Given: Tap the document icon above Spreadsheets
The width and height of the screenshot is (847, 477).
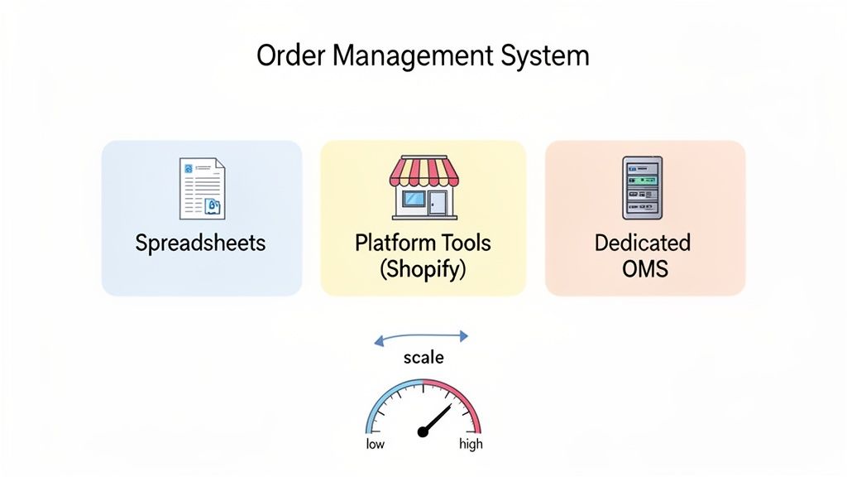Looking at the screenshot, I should coord(202,189).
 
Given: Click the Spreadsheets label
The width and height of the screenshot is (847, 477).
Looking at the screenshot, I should coord(201,243).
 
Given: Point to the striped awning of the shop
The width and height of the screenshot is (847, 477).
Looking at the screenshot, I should coord(423,171).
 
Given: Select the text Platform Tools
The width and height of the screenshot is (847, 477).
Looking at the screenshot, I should coord(423,243).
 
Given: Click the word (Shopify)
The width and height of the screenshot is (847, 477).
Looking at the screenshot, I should coord(423,270).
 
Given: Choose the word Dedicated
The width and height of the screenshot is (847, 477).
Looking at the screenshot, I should coord(643,243).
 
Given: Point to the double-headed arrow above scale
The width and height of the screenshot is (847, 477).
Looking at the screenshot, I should coord(422,336).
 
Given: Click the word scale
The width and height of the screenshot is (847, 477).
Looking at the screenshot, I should coord(423,358).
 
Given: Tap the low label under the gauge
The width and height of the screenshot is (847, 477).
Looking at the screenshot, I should coord(376,445).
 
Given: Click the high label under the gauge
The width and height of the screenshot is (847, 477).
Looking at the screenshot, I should coord(471,445).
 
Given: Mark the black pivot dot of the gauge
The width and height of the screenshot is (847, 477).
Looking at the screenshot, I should coord(423,431).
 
